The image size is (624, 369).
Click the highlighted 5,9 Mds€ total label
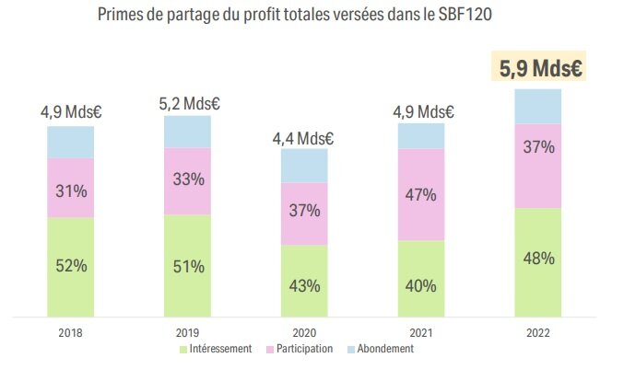[538, 68]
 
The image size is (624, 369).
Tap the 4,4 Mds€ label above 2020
[302, 139]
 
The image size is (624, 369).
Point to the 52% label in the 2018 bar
[71, 265]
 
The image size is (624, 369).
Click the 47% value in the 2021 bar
[421, 194]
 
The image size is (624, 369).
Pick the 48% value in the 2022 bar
[538, 259]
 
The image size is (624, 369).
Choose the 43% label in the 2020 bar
[304, 285]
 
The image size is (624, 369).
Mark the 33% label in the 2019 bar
[188, 180]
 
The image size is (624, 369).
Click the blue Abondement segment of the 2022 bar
[538, 107]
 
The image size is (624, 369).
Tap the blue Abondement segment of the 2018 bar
[71, 143]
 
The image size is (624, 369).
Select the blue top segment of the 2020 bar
[304, 165]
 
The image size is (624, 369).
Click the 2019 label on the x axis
[188, 332]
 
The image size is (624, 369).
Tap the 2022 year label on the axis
[538, 332]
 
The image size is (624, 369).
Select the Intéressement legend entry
[218, 350]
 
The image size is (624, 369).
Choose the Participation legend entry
[300, 350]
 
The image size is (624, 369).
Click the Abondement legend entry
[382, 350]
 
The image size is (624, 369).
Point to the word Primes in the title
[121, 17]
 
